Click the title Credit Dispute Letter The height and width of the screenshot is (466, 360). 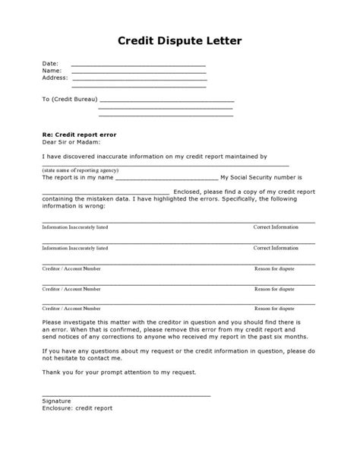[x=180, y=40]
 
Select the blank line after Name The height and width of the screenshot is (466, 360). [x=138, y=71]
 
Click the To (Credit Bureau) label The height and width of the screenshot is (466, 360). [x=69, y=100]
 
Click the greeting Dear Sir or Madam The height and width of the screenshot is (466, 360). [x=71, y=141]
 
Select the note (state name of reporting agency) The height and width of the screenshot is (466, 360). [x=81, y=171]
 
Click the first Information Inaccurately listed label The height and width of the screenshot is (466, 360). [x=75, y=227]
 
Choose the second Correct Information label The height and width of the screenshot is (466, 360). [x=276, y=248]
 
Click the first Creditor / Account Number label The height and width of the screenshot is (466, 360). [x=71, y=268]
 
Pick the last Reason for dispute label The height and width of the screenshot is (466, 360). [x=274, y=309]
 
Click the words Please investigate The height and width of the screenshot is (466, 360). [x=69, y=322]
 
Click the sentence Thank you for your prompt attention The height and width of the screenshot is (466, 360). [x=119, y=372]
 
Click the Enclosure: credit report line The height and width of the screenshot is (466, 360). [x=77, y=407]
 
